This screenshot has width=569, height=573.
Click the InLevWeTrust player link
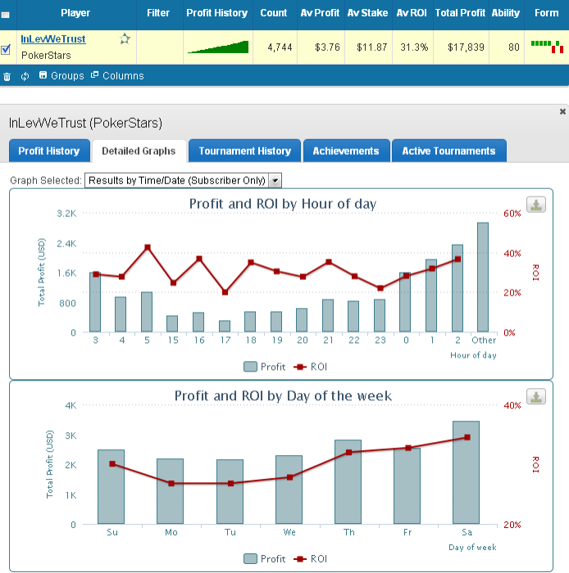pos(53,39)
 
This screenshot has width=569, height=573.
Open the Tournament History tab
pos(244,151)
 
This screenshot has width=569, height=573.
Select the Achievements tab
pos(345,151)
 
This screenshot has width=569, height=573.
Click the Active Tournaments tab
pos(448,151)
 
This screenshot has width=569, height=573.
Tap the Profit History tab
pos(49,151)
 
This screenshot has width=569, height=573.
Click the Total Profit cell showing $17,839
pos(461,47)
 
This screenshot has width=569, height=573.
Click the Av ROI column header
pos(412,13)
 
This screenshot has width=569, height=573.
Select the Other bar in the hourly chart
pos(483,277)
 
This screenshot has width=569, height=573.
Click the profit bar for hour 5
pos(147,312)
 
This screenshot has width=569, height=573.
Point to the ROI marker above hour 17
pos(225,292)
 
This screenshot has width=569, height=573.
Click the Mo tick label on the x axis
pos(171,533)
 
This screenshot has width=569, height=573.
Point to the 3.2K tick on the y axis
pos(66,213)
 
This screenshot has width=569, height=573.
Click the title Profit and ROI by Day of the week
pos(283,396)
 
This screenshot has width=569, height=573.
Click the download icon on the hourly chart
pos(535,205)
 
